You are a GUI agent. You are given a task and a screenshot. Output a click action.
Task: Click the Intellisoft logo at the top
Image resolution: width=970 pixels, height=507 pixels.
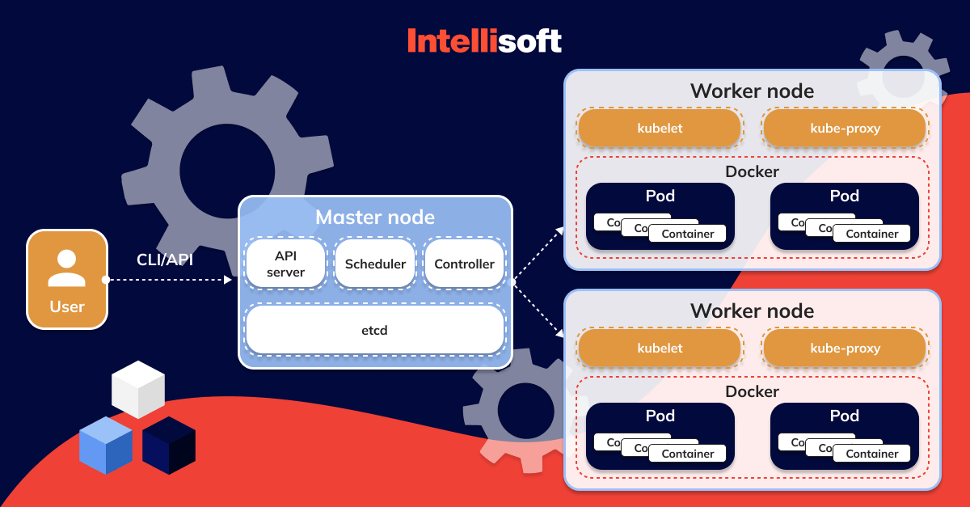tap(484, 40)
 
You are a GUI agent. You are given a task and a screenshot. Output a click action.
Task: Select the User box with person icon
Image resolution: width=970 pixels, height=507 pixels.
tap(67, 280)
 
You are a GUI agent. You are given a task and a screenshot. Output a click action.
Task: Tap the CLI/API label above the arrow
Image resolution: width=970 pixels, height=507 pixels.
tap(165, 260)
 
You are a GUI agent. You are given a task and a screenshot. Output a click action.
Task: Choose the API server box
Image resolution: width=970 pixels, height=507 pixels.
tap(285, 264)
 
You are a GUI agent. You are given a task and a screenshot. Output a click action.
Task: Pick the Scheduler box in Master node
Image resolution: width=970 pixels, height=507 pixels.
tap(375, 264)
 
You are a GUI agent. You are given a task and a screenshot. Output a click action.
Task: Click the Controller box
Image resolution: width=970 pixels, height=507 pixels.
tap(464, 264)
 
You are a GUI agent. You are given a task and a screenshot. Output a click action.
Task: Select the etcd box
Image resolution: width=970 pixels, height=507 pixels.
tap(374, 330)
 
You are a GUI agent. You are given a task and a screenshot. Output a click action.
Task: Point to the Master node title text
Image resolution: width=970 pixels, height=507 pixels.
tap(375, 218)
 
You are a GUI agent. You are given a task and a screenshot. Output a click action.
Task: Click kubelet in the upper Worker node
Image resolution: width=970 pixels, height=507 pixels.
tap(660, 128)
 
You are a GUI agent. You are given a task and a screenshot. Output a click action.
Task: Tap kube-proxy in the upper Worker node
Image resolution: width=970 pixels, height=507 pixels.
tap(845, 128)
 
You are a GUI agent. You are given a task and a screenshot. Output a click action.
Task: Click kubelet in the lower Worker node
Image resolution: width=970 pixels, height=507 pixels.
tap(660, 349)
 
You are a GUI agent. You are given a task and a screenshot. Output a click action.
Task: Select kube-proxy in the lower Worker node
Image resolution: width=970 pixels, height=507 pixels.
tap(845, 349)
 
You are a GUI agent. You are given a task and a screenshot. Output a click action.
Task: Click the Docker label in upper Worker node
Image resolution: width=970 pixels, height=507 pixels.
tap(752, 171)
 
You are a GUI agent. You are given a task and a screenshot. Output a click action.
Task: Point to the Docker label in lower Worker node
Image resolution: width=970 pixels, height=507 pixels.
tap(752, 391)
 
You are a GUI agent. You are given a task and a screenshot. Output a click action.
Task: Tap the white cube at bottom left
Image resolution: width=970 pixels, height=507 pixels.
tap(138, 389)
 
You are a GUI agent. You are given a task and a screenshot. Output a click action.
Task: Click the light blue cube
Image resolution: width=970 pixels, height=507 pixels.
tap(105, 445)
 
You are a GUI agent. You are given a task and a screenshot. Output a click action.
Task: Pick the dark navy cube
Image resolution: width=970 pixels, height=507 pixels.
tap(169, 446)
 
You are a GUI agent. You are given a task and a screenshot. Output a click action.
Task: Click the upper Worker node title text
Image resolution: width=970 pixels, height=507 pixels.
tap(752, 91)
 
